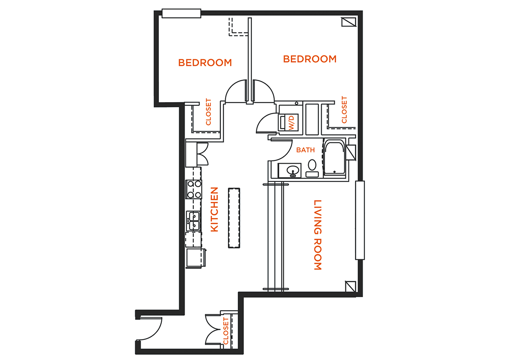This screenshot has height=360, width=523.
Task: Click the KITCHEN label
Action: tap(214, 209)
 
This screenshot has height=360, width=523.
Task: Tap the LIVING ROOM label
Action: tap(317, 235)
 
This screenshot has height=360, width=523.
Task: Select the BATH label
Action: tap(305, 150)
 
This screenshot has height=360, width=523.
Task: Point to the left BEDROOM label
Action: tap(205, 62)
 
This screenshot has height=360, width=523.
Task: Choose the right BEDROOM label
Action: tap(310, 59)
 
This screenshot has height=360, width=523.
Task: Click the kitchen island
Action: tap(234, 218)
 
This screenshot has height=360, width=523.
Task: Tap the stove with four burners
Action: tap(194, 189)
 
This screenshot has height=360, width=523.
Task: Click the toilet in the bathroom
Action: tap(312, 165)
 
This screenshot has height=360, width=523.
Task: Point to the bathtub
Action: tap(335, 158)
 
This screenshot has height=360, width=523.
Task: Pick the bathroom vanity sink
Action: tap(293, 170)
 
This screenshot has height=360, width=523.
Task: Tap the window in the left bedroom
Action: tap(181, 14)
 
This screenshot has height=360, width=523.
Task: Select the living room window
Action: tap(359, 220)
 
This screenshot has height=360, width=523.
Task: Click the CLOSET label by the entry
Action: tap(226, 331)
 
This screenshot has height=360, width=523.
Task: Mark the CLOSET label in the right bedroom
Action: tap(344, 110)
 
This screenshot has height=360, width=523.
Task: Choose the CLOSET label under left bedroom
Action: tap(208, 112)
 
